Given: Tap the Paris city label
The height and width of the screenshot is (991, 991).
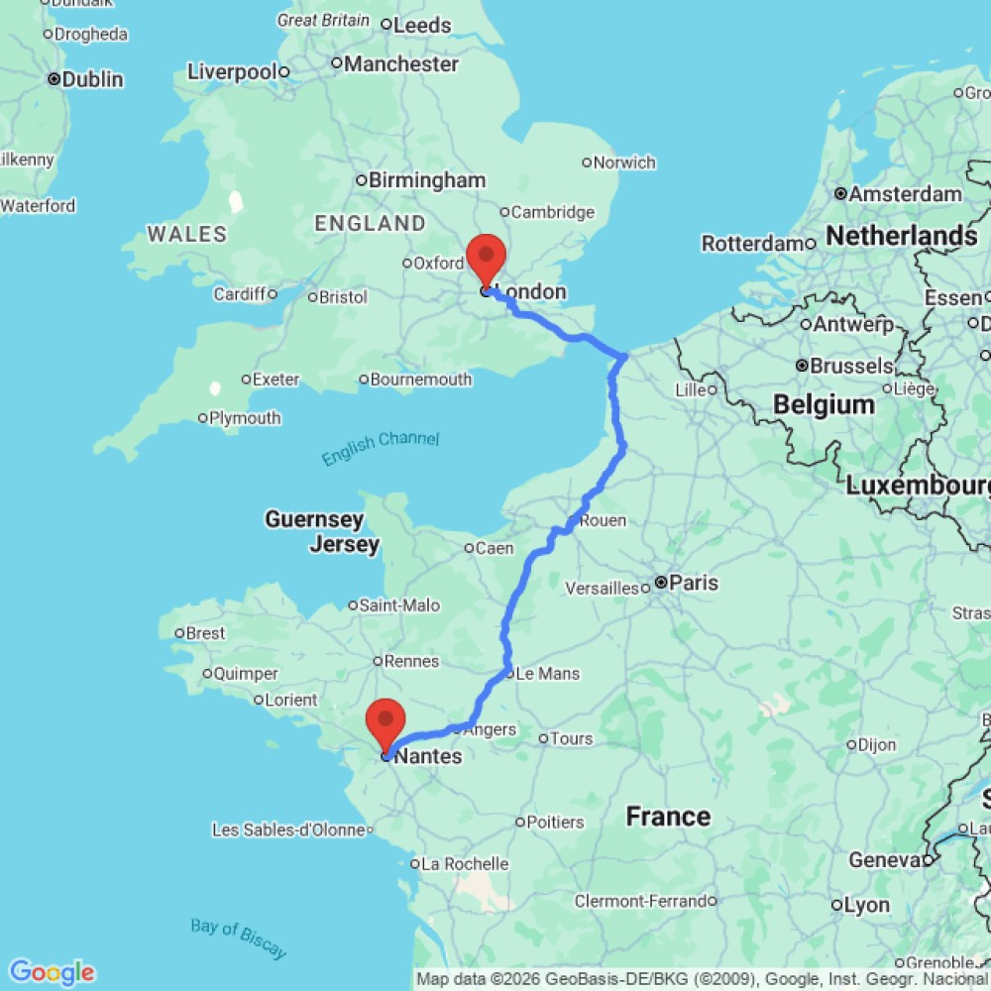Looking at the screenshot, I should (693, 583).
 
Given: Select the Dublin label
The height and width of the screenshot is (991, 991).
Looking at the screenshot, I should (91, 79).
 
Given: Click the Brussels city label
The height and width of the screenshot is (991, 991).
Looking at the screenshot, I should (851, 366).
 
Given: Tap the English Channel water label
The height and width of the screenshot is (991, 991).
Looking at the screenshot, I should (380, 448).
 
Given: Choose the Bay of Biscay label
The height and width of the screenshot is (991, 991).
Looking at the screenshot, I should (238, 938).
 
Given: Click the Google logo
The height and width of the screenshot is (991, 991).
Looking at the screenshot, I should (52, 973).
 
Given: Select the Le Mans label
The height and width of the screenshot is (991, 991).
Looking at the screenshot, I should (548, 674).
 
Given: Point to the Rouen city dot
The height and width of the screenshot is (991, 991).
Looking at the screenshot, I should (574, 520).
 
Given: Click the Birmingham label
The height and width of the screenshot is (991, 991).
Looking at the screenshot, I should (427, 180).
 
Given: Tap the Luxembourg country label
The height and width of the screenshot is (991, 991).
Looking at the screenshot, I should (917, 486).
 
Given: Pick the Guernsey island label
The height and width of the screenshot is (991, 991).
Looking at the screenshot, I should (314, 519).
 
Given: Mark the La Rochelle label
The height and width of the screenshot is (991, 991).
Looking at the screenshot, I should (465, 864).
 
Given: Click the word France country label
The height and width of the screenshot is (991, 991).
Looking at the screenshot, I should (668, 817).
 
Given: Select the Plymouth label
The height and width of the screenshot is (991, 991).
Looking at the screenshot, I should (245, 418).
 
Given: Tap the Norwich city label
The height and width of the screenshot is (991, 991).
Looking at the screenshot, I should (625, 163).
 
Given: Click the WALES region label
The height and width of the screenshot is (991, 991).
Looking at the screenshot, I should (186, 234).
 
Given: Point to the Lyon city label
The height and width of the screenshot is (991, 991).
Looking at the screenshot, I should (867, 905).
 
